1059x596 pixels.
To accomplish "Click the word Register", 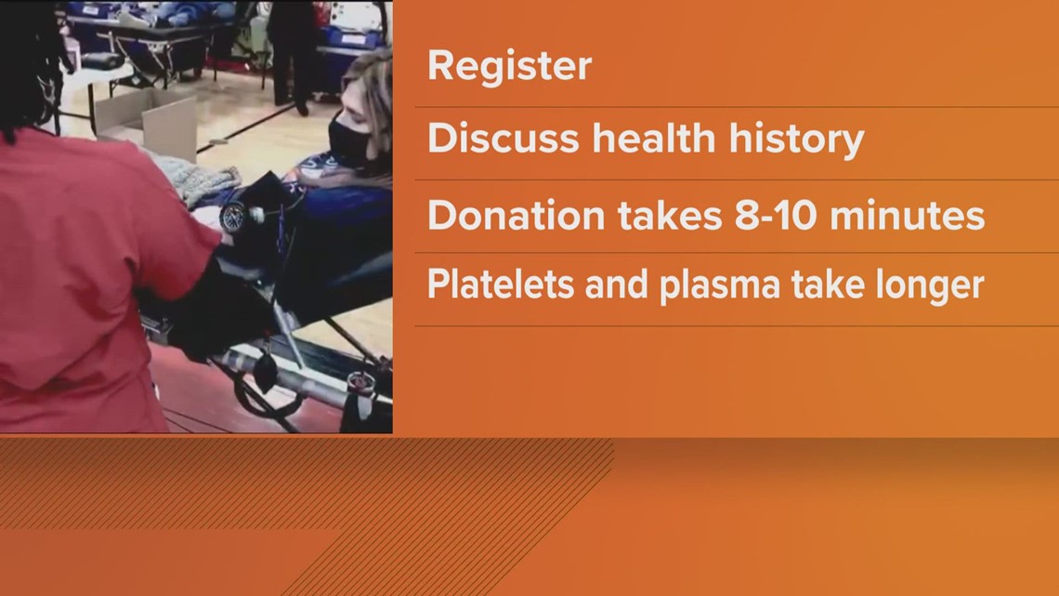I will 509,67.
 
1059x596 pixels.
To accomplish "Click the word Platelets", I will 490,285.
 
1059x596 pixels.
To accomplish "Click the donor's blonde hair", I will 376,102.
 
